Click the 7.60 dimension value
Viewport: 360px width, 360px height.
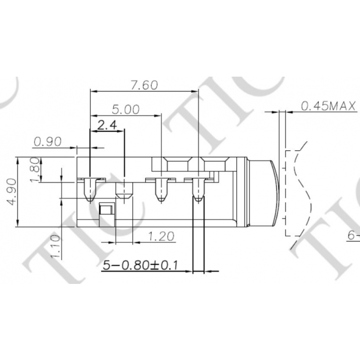click(143, 85)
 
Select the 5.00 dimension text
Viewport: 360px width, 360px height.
click(125, 109)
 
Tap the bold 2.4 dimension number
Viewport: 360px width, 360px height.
click(107, 125)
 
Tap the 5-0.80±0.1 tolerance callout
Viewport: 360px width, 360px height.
click(140, 265)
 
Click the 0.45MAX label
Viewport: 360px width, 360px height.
click(328, 106)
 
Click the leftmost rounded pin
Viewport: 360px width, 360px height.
click(89, 190)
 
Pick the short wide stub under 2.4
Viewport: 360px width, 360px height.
click(124, 192)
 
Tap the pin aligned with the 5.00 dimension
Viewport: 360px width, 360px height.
click(161, 190)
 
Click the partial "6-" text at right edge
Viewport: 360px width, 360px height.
click(354, 236)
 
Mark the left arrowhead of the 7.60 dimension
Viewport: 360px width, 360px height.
click(93, 92)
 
